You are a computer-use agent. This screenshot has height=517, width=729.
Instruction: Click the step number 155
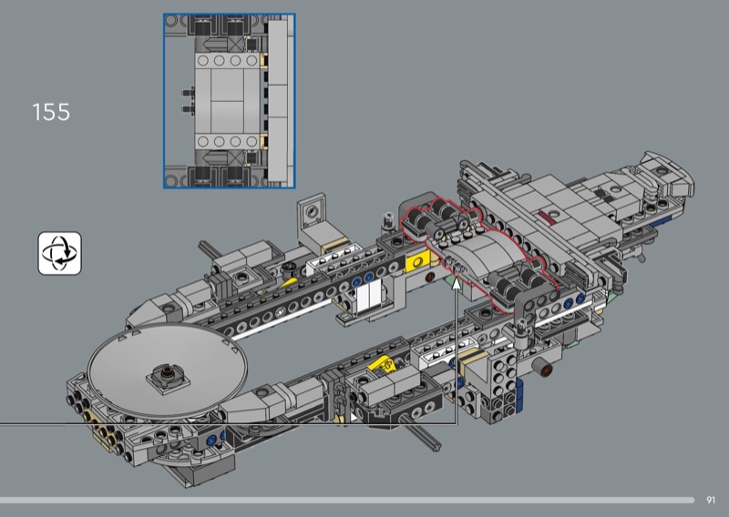coord(51,113)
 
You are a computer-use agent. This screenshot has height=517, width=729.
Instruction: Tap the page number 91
coord(711,500)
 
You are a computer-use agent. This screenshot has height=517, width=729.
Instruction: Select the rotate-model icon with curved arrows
coord(59,253)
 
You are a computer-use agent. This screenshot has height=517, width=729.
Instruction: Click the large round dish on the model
coord(168,367)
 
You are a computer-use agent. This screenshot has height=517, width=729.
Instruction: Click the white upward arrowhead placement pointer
coord(457,283)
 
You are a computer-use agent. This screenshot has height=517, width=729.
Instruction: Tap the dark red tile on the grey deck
coord(549,217)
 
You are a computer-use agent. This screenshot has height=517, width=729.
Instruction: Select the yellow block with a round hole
coord(417,263)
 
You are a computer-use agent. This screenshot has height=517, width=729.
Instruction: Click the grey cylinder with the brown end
coord(542,369)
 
